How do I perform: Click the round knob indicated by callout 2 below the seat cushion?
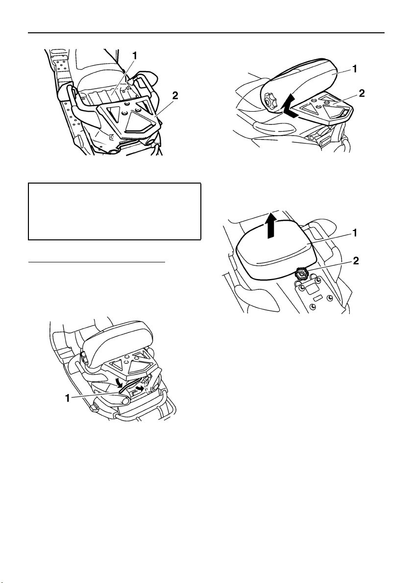[301, 275]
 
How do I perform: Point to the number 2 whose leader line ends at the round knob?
[356, 261]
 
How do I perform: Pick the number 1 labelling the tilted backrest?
[355, 69]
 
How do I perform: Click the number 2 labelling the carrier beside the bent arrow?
[362, 93]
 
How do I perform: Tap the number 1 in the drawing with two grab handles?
[135, 56]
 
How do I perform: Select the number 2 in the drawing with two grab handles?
[174, 95]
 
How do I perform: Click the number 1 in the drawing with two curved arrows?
[68, 398]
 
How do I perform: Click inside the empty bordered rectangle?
[115, 211]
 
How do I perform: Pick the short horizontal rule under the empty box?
[97, 262]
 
